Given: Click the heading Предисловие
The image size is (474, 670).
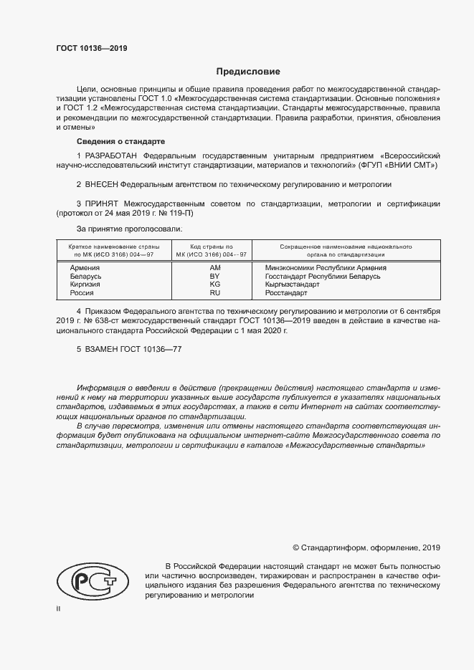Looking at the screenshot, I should pos(249,72).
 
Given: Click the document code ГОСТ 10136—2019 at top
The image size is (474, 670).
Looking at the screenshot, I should pos(91,49).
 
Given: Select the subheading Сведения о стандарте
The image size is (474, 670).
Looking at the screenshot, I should pos(120,141).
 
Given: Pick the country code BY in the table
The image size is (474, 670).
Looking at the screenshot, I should pos(214,276).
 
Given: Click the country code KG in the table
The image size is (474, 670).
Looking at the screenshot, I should pos(214,284).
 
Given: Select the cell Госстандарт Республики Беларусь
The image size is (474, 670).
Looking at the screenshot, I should pos(323,276).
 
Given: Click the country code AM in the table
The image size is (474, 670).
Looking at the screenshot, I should pos(214,267).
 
